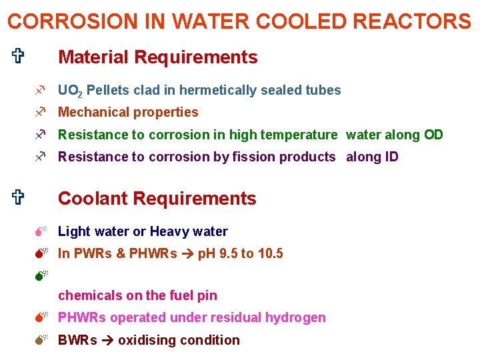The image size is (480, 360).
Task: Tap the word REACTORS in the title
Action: (409, 21)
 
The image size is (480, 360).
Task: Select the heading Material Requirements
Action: (157, 57)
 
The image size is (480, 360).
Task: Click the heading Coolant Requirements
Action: (157, 199)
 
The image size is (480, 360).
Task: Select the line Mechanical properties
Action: (128, 112)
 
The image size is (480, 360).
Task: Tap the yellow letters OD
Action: (433, 135)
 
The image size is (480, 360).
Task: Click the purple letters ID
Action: (391, 157)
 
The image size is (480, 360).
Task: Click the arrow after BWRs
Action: (107, 340)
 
